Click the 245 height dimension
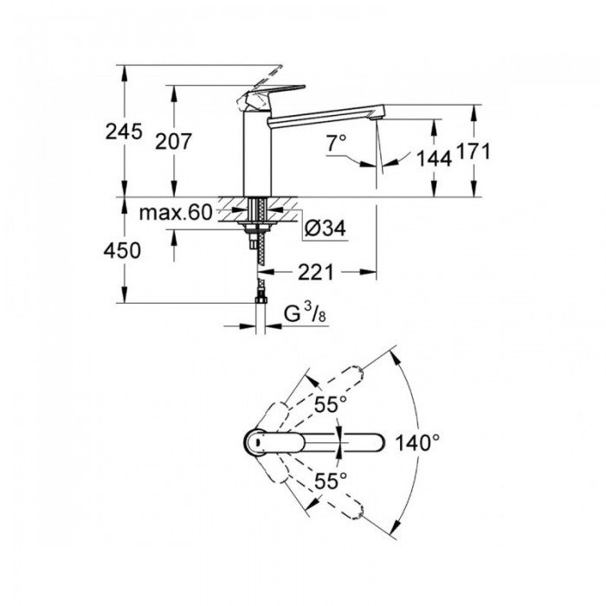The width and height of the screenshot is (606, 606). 123,132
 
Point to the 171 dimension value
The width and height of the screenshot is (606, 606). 474,152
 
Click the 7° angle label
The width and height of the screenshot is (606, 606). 336,141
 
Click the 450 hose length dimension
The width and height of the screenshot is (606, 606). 123,250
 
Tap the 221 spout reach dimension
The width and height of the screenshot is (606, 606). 316,273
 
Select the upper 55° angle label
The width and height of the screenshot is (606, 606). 330,403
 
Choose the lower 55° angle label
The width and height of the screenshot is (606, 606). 330,479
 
